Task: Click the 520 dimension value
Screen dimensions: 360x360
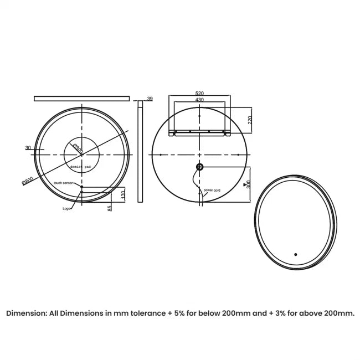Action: (x=199, y=94)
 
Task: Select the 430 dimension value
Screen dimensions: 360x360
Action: (x=199, y=100)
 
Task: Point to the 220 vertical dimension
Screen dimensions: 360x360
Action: (x=250, y=119)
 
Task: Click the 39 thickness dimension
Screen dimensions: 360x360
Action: (x=150, y=99)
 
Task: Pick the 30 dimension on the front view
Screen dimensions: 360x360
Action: (x=28, y=148)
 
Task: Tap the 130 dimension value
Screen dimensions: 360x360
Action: (x=123, y=196)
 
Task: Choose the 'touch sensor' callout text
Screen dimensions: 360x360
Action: (x=63, y=182)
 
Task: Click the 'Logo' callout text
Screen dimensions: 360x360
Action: (x=66, y=209)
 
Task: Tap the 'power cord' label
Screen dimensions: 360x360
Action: (x=212, y=190)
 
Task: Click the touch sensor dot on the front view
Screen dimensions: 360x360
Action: (x=81, y=187)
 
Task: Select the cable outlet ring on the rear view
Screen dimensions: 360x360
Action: (x=199, y=167)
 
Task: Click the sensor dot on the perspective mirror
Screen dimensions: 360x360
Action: (x=296, y=255)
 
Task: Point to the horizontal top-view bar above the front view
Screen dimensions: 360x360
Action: (x=81, y=99)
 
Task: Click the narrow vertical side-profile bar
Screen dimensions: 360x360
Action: (x=140, y=153)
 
